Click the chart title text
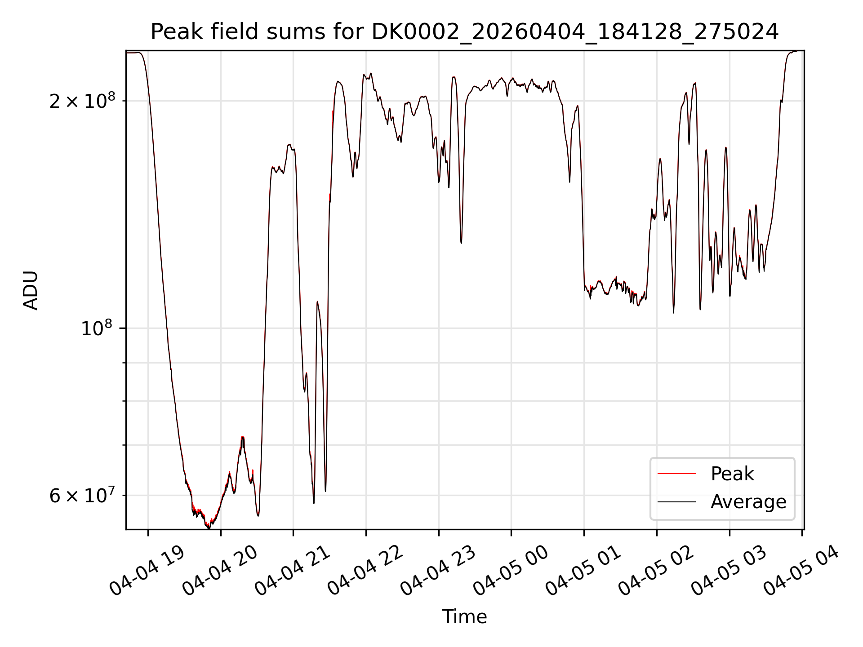point(464,32)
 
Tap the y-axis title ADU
point(31,290)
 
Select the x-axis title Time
point(464,617)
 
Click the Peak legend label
point(732,474)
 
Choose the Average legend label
point(748,502)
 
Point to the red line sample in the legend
point(676,474)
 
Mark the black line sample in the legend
point(676,502)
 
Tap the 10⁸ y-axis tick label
point(98,328)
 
